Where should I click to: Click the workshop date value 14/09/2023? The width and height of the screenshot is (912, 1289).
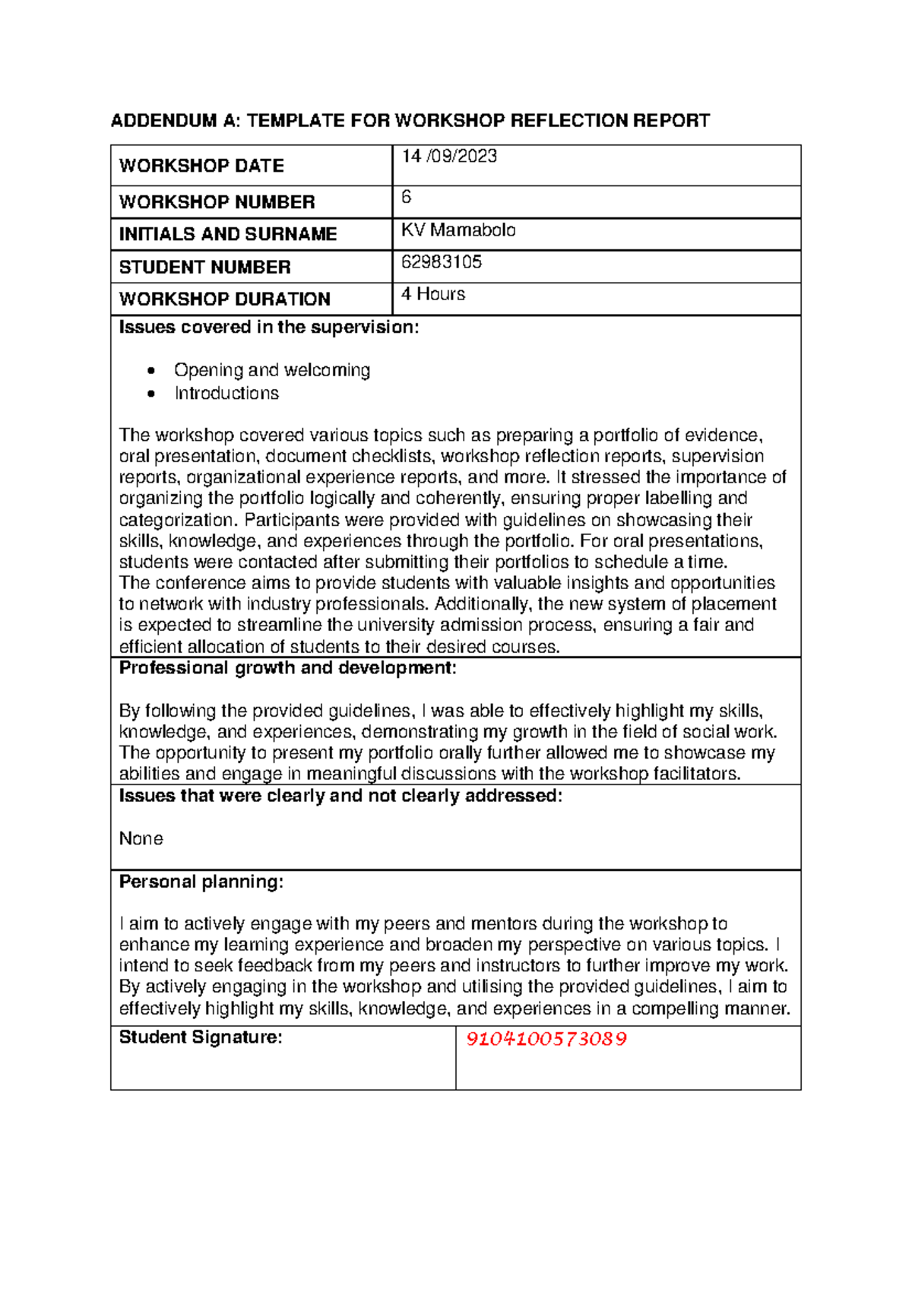coord(449,157)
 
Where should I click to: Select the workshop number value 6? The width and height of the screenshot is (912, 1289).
coord(407,198)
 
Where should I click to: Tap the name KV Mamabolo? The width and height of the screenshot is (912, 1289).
coord(458,230)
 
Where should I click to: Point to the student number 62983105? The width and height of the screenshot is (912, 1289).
coord(442,262)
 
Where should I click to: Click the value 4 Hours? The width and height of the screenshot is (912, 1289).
coord(433,294)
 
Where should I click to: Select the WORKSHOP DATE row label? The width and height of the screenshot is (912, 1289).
coord(201,166)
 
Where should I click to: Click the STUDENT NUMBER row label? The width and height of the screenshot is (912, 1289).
coord(204,268)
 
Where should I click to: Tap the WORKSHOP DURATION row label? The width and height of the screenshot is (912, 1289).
coord(224,299)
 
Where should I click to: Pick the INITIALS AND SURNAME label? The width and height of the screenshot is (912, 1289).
coord(227,234)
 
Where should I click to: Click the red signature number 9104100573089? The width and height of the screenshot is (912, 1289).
coord(546,1039)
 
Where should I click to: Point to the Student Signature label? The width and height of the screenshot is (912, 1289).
coord(201,1037)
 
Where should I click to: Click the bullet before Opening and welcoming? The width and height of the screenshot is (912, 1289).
coord(152,371)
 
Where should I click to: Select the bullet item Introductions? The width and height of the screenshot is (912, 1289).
coord(226,394)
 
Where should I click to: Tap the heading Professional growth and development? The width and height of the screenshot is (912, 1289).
coord(287,668)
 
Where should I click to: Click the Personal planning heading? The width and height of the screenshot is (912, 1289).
coord(201,882)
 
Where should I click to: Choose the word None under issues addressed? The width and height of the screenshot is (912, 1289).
coord(141,838)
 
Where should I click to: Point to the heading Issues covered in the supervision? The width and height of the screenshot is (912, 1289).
coord(268,328)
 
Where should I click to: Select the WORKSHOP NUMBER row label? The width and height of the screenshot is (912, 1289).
coord(217,202)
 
